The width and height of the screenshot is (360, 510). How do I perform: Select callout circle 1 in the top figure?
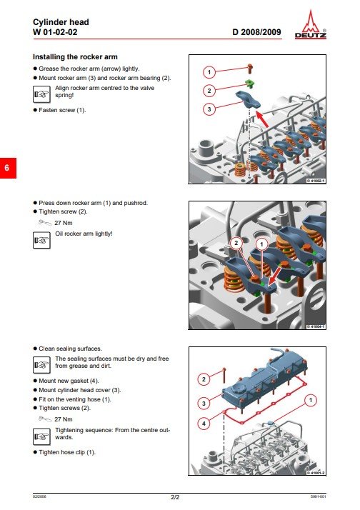(208, 73)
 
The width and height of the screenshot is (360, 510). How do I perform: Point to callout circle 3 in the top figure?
(208, 109)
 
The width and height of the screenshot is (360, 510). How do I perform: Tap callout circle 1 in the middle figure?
(261, 244)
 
